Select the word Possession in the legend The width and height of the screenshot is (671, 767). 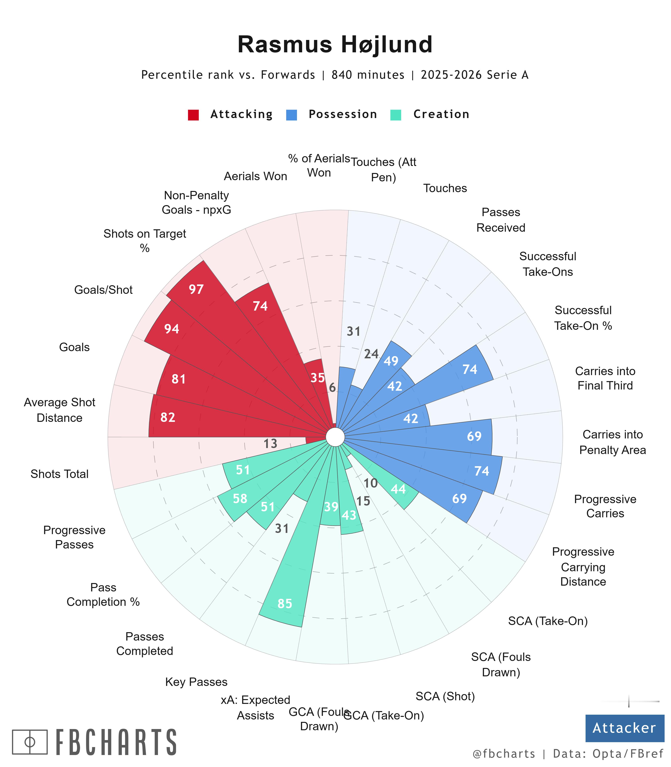click(343, 114)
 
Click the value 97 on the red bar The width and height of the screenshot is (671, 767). click(196, 289)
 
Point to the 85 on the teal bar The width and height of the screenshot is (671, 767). click(285, 603)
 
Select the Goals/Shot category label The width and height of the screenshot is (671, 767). click(103, 290)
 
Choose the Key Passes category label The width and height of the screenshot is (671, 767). click(196, 682)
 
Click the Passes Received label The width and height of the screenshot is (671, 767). click(501, 220)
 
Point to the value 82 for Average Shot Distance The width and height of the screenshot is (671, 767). click(168, 417)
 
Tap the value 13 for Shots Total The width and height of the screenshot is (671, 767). click(270, 444)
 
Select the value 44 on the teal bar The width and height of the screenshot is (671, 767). click(398, 489)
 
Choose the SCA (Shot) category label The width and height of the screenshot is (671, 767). click(445, 696)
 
